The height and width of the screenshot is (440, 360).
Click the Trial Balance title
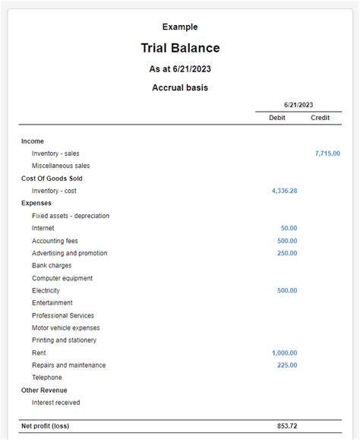[180, 49]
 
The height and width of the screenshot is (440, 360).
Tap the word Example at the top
[180, 27]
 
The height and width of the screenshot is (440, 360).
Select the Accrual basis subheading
[180, 87]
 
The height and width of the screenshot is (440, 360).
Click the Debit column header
[277, 118]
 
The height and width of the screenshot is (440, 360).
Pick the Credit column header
[320, 118]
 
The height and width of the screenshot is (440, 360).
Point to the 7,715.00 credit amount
[327, 154]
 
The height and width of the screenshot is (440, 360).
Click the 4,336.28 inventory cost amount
[284, 191]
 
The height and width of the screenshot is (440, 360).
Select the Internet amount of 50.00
[289, 228]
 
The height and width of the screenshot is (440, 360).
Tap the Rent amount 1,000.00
[284, 353]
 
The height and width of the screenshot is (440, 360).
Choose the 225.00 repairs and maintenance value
[287, 365]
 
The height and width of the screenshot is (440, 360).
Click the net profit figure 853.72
[287, 426]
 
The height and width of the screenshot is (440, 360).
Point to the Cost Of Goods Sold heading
[52, 179]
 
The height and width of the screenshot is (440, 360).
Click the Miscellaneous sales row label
[61, 166]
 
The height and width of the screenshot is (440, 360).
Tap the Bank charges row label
[52, 265]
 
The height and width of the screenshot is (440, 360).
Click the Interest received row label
[55, 402]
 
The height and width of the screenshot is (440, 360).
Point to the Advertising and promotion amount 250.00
[287, 253]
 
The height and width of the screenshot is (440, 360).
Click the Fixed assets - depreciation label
[71, 216]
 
